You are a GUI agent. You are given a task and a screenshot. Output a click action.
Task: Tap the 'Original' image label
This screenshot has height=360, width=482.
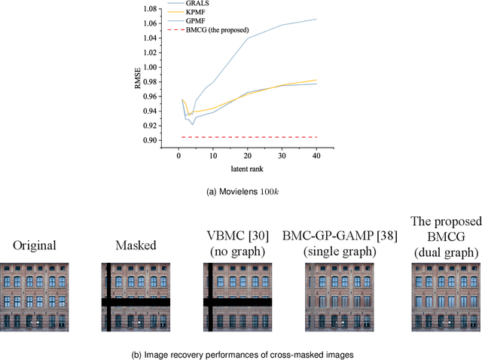point(34,246)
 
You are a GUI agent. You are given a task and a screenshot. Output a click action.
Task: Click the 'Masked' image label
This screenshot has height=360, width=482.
point(136,246)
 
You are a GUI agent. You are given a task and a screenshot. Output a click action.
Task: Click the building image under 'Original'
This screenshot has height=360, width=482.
point(34,297)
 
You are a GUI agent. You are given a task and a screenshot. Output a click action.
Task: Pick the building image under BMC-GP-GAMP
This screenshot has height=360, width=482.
point(340,297)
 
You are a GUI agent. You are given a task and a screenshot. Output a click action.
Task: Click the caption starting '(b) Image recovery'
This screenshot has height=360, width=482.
point(241,353)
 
